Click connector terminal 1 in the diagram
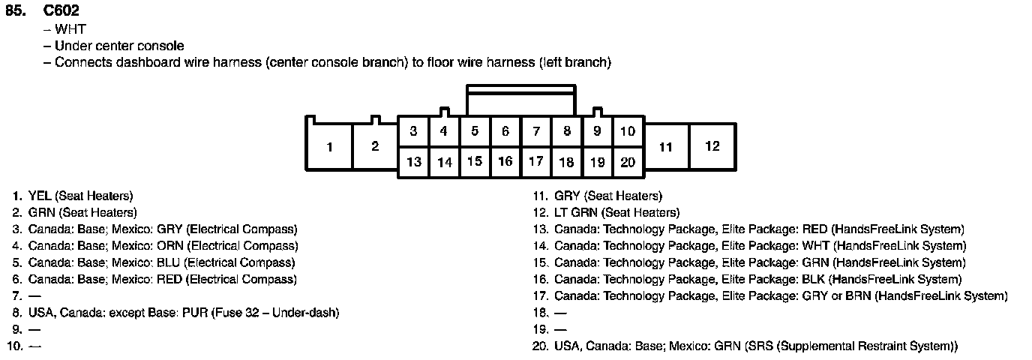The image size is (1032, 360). pos(329,147)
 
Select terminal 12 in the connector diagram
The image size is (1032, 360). pos(712,146)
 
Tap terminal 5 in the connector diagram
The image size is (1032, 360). pos(475,131)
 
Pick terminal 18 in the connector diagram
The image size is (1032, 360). pos(566,161)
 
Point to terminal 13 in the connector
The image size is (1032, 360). pos(413,161)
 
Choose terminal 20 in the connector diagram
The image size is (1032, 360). pos(628,161)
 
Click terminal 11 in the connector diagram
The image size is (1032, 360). pos(666,147)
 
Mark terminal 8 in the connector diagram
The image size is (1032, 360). pos(566,131)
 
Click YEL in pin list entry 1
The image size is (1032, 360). pos(40,196)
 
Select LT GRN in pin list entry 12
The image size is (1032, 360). pos(576,212)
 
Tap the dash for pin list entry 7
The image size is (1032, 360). pos(34,295)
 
